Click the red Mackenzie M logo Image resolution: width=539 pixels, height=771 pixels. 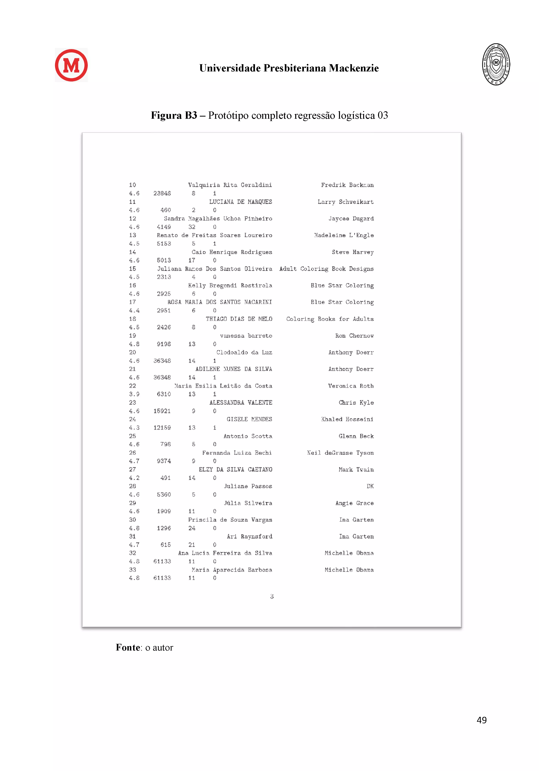(71, 65)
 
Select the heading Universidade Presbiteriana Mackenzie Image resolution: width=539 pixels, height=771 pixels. (289, 68)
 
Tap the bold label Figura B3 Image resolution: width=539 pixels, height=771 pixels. (174, 116)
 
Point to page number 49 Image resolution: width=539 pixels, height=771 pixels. (481, 720)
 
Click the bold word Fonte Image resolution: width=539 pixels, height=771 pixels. (128, 647)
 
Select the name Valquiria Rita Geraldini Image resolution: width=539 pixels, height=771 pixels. (230, 185)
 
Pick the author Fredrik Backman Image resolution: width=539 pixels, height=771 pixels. (347, 185)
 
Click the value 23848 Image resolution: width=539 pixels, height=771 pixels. (162, 193)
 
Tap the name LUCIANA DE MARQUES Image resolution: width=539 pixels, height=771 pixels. (240, 202)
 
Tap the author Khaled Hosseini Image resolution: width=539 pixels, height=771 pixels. (347, 419)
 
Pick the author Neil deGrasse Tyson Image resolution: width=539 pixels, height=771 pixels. (340, 453)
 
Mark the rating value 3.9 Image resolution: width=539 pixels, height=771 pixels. (134, 394)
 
